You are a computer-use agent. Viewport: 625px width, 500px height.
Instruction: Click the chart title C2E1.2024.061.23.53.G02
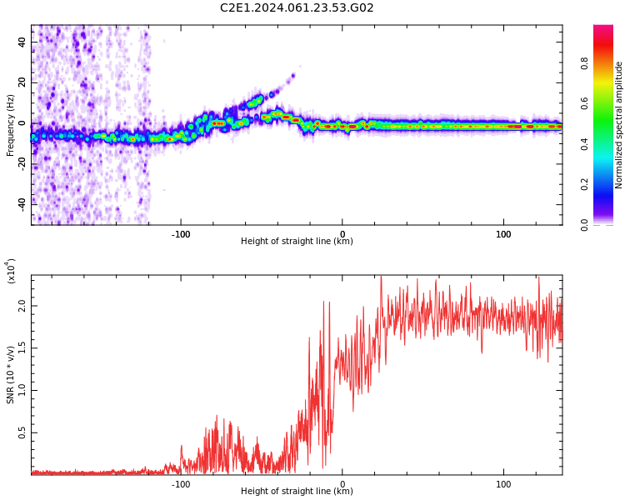coord(297,8)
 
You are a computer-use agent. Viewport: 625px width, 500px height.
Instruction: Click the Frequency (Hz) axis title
coord(11,125)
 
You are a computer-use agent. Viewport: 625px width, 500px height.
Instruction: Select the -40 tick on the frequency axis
coord(21,203)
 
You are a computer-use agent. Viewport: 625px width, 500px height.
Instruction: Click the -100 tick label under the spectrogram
coord(181,233)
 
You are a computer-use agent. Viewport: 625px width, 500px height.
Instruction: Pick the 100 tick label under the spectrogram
coord(503,233)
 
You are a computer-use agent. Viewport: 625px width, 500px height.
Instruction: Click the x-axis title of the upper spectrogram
coord(297,242)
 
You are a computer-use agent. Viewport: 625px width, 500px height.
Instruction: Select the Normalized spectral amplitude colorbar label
coord(619,125)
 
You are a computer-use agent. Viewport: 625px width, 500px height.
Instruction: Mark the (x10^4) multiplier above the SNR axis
coord(11,272)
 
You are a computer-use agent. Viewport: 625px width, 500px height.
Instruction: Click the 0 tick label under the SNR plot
coord(342,483)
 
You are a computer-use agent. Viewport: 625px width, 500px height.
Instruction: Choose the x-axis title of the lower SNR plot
coord(297,492)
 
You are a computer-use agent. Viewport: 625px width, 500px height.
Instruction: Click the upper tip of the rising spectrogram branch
coord(292,76)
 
